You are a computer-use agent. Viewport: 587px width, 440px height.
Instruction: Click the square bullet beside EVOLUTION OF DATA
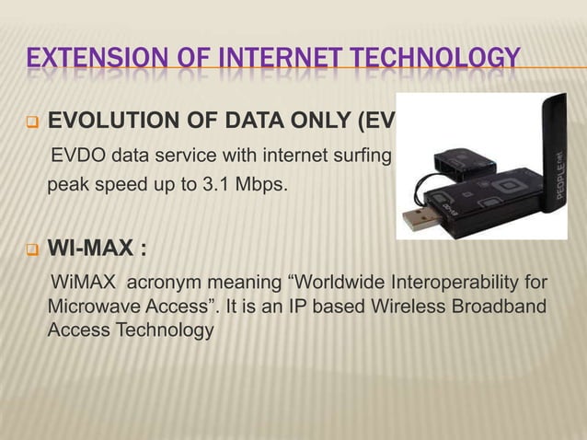tap(29, 122)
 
